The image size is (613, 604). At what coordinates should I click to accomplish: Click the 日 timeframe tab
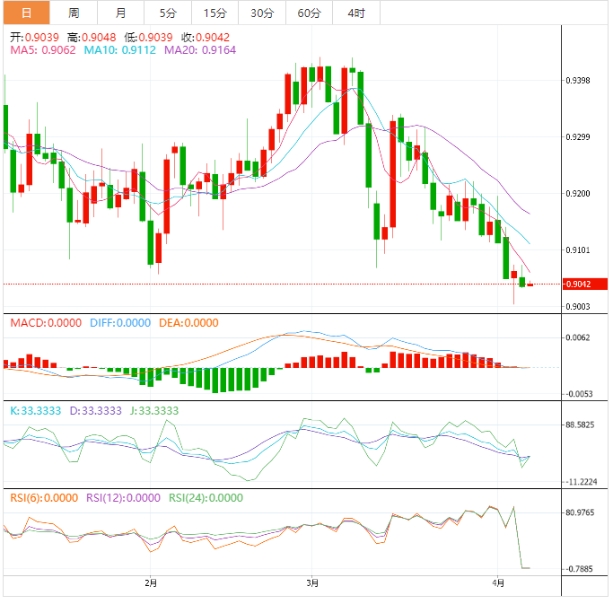pyautogui.click(x=25, y=13)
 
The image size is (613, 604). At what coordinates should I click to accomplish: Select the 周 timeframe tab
pyautogui.click(x=74, y=13)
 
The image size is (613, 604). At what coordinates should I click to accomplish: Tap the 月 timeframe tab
pyautogui.click(x=121, y=13)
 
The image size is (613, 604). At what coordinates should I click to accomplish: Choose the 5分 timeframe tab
pyautogui.click(x=168, y=13)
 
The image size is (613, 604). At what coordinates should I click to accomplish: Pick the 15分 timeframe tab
pyautogui.click(x=215, y=13)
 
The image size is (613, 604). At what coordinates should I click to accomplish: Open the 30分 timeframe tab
pyautogui.click(x=262, y=13)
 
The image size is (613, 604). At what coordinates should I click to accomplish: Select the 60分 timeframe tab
pyautogui.click(x=309, y=13)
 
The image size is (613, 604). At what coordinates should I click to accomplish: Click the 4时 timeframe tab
pyautogui.click(x=355, y=13)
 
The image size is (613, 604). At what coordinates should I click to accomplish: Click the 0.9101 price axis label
pyautogui.click(x=578, y=250)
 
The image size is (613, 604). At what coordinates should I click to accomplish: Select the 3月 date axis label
pyautogui.click(x=311, y=582)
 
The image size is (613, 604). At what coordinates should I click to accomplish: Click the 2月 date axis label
pyautogui.click(x=151, y=582)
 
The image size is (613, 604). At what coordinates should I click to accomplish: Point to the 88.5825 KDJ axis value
pyautogui.click(x=581, y=425)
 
